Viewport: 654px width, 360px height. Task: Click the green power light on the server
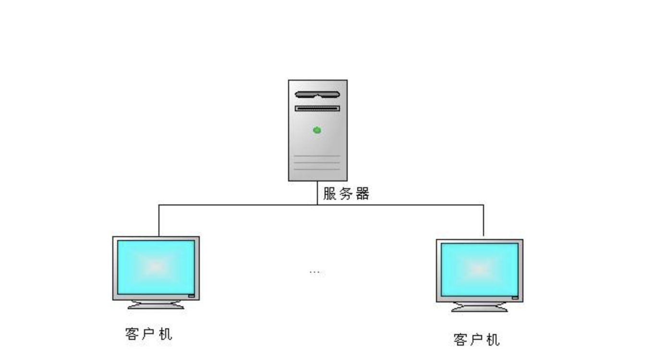pos(317,130)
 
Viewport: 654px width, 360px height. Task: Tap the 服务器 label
pos(346,194)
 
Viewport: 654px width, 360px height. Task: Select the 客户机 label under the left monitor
pos(148,334)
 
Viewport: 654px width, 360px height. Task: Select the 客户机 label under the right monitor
pos(476,340)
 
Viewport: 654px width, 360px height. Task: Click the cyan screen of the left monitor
pos(156,267)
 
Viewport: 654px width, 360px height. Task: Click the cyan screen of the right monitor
pos(479,270)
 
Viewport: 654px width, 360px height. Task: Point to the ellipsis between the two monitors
pos(315,272)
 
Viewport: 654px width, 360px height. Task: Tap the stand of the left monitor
pos(156,305)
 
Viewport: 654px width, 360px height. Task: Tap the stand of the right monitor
pos(479,308)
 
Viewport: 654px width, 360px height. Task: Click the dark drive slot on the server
pos(317,108)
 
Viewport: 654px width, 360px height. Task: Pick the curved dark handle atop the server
pos(317,95)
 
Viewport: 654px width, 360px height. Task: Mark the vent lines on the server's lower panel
pos(317,162)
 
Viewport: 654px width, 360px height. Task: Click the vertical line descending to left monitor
pos(159,221)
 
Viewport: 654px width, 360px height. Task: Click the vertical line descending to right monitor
pos(483,221)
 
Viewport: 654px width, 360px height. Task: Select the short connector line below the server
pos(317,193)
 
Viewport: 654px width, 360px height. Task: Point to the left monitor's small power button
pos(192,296)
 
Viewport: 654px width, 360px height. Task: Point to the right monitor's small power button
pos(515,298)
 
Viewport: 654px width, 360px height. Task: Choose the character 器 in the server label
pos(362,194)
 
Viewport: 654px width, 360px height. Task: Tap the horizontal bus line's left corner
pos(159,205)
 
